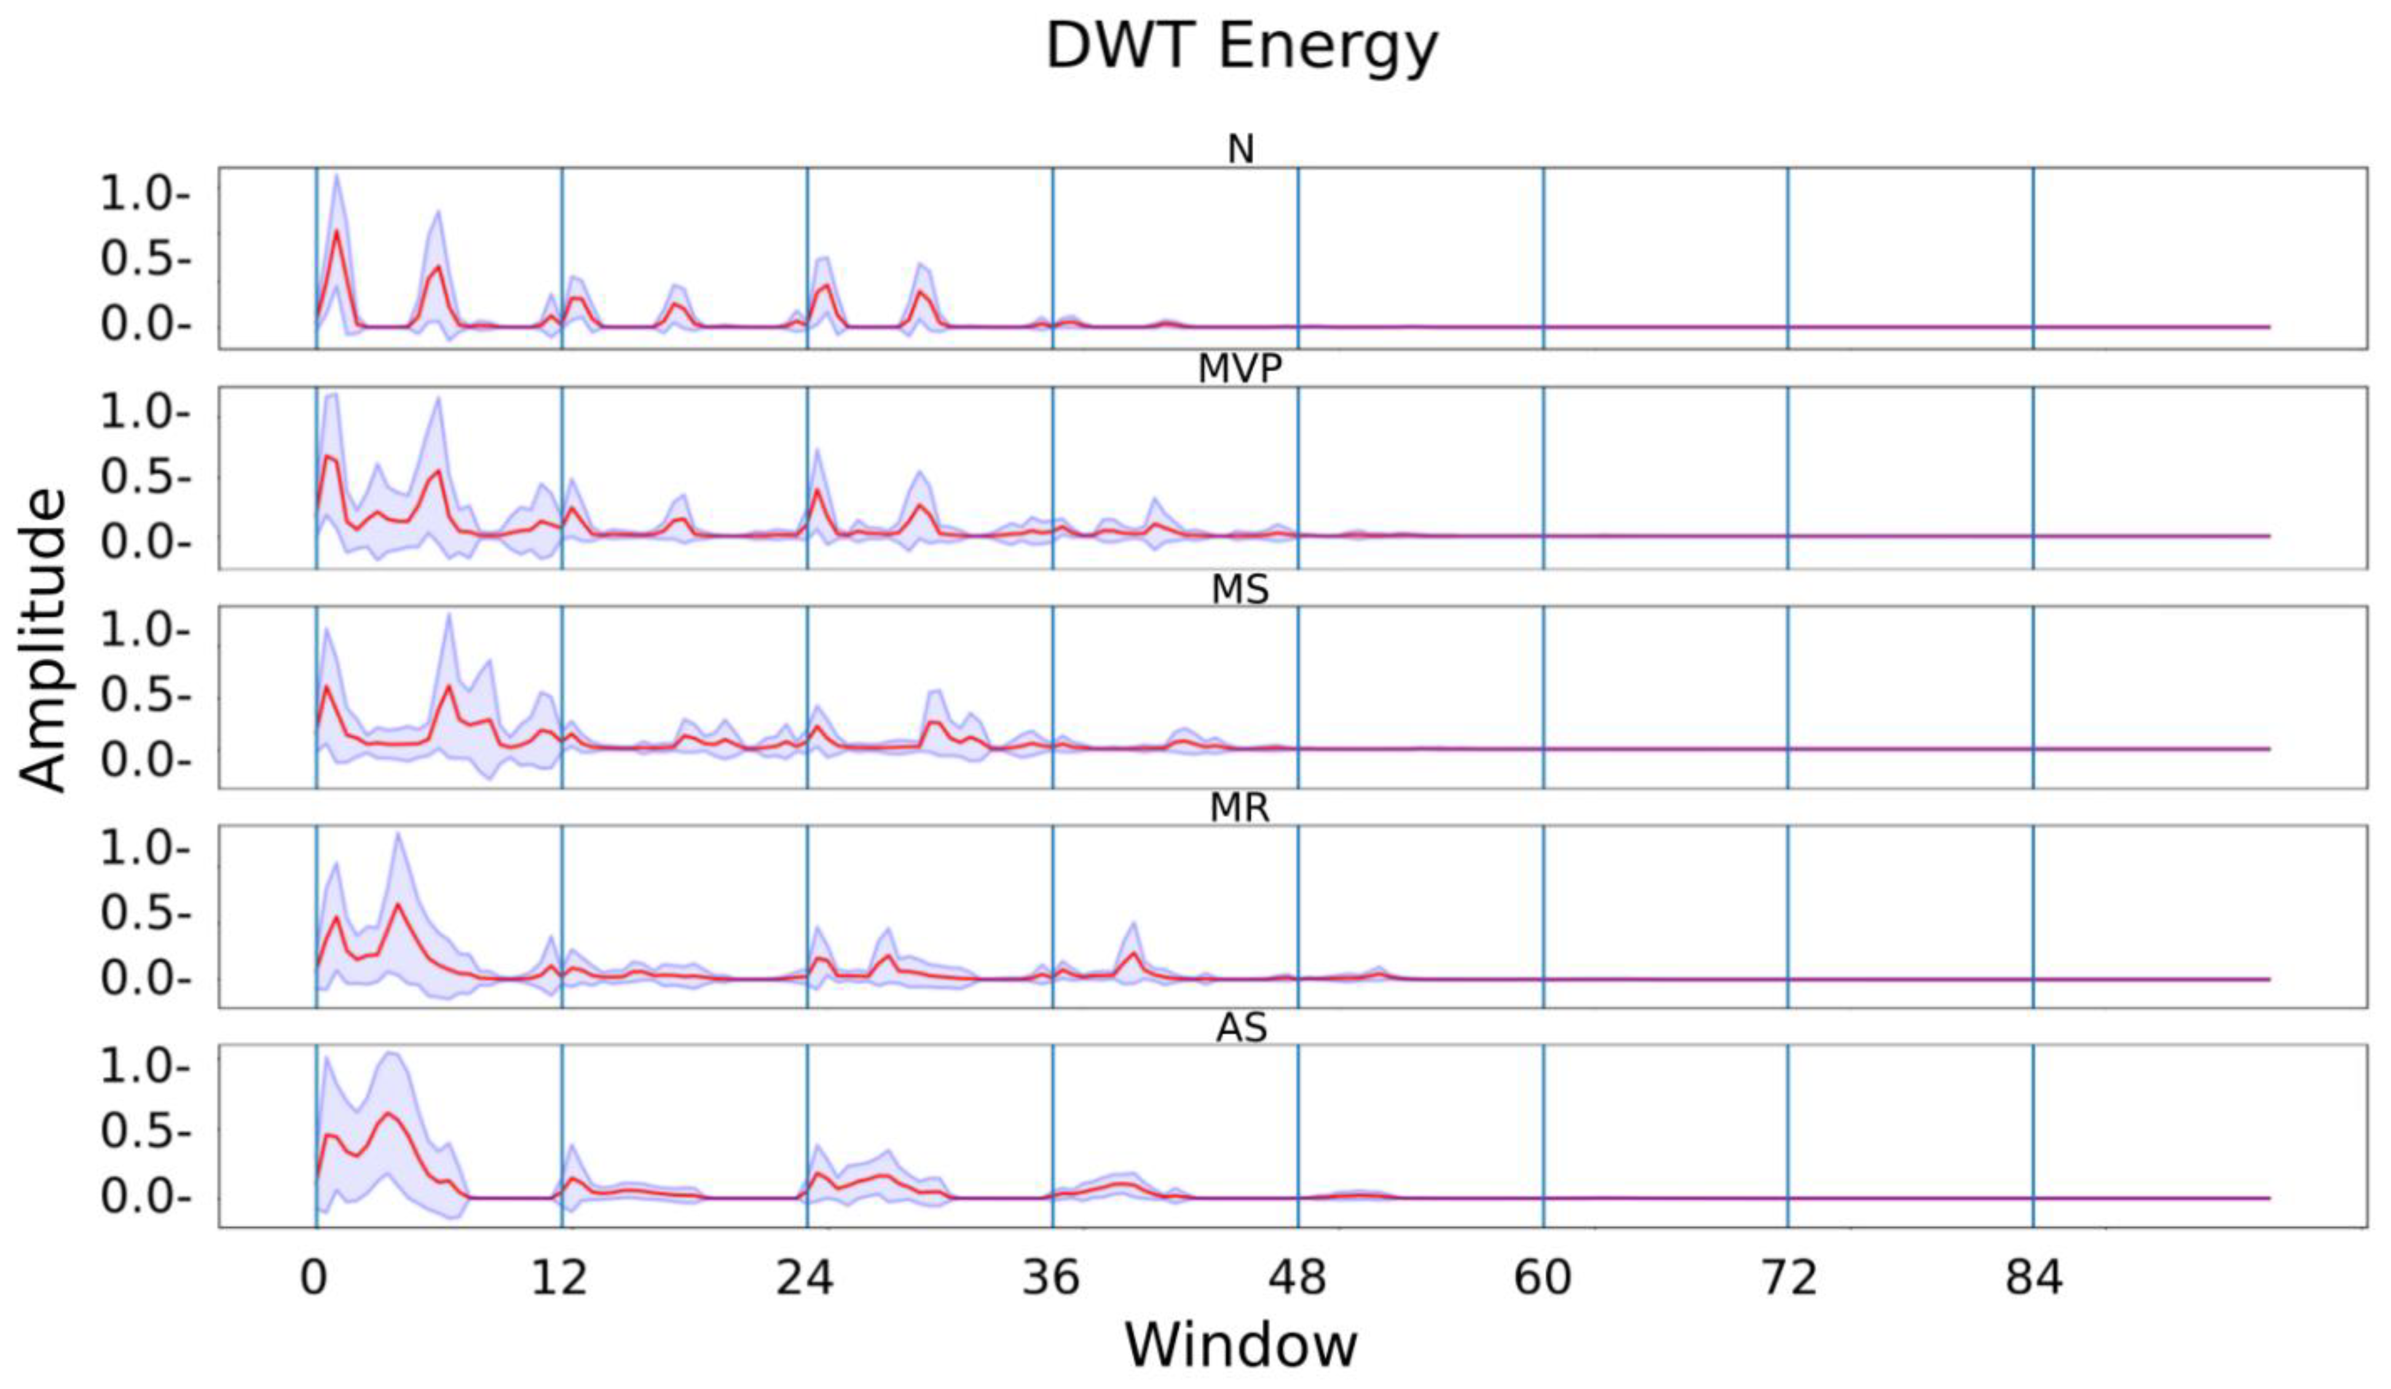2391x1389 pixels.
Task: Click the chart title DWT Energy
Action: tap(1241, 45)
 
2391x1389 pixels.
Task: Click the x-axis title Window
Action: tap(1241, 1344)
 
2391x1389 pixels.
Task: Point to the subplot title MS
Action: tap(1241, 590)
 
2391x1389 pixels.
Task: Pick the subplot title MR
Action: tap(1241, 808)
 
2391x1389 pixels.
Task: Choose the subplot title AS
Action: tap(1241, 1028)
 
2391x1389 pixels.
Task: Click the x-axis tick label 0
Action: tap(314, 1278)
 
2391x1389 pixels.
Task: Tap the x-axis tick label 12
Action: tap(560, 1278)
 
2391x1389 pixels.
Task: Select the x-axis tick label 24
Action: tap(806, 1278)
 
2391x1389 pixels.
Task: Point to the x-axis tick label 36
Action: tap(1051, 1278)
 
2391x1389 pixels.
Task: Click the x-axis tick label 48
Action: tap(1297, 1278)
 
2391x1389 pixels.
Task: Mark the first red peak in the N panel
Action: tap(336, 232)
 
